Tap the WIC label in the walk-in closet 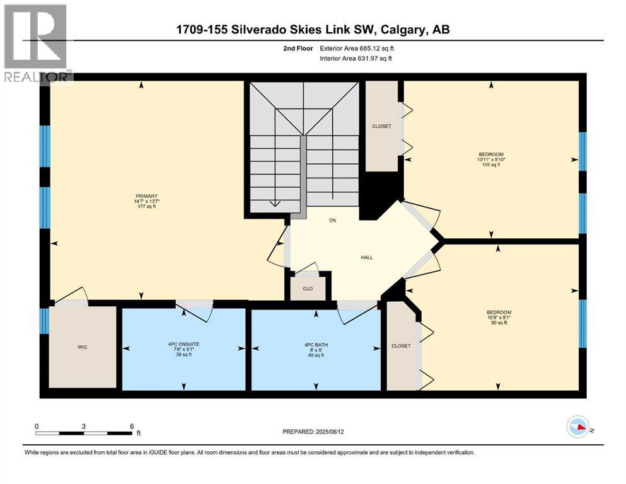point(82,347)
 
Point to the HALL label point(366,257)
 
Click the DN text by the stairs point(332,221)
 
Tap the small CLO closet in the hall point(308,289)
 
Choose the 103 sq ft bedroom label point(491,159)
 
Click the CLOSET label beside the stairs point(381,126)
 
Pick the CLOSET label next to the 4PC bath point(401,346)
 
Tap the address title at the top point(313,30)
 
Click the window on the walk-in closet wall point(44,321)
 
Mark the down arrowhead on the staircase point(275,203)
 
